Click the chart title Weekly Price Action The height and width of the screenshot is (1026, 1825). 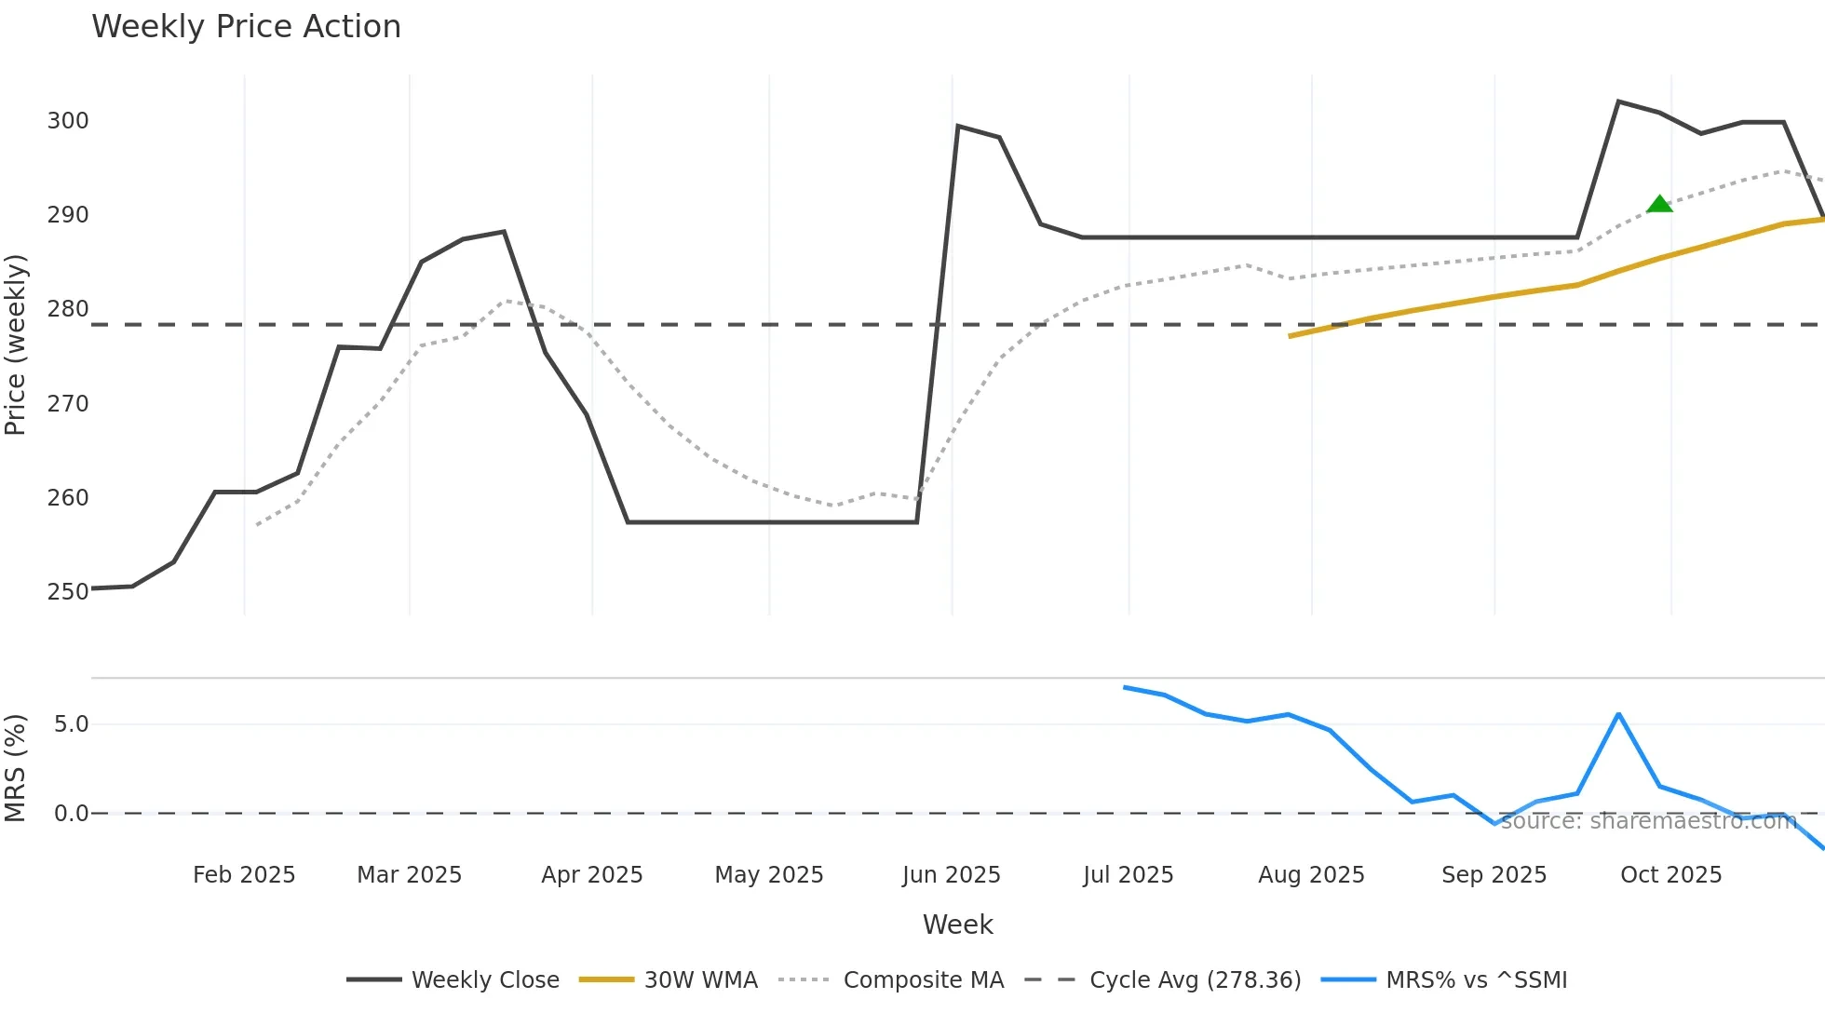(246, 27)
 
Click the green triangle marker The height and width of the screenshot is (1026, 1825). (1659, 204)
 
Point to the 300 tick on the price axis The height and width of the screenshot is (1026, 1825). (68, 121)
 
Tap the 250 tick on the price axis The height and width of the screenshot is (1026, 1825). (68, 592)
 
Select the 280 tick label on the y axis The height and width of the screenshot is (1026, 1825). (68, 309)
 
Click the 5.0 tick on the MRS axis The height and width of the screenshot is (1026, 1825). (71, 724)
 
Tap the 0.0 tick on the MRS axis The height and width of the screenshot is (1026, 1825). (71, 814)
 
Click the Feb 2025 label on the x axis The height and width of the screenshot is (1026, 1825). (244, 875)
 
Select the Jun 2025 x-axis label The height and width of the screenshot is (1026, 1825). (951, 875)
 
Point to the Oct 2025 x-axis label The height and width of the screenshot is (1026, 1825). (1670, 875)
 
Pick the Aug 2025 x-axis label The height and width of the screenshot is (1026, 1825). (1311, 875)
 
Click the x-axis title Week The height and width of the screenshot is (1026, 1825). (957, 925)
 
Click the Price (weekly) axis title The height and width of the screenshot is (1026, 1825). (15, 344)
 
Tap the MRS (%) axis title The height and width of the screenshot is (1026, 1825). (15, 768)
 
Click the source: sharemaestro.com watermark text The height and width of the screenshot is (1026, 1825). (1648, 821)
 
